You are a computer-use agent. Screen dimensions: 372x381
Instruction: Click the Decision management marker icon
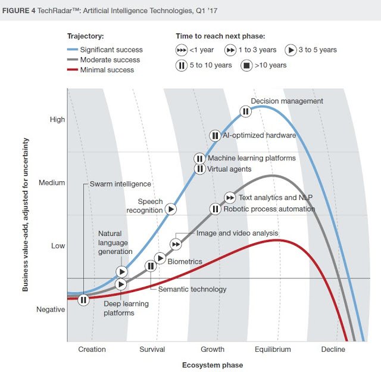point(245,111)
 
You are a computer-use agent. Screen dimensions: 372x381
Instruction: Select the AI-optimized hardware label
point(259,135)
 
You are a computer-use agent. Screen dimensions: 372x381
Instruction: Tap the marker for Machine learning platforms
point(199,159)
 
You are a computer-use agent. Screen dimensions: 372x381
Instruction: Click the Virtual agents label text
point(229,169)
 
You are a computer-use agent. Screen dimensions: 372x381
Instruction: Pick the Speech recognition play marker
point(171,209)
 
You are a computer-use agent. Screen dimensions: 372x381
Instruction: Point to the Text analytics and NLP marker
point(230,198)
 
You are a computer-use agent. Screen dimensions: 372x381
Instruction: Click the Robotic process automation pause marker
point(215,209)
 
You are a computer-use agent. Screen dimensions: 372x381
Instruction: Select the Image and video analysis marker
point(176,244)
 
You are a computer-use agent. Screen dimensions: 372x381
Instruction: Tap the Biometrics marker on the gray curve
point(160,258)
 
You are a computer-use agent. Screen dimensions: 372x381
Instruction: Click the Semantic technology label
point(192,289)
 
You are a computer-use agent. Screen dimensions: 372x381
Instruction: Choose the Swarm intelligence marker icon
point(83,300)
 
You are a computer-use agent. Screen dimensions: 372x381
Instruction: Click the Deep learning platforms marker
point(121,284)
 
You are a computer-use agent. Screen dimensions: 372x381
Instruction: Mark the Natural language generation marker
point(121,272)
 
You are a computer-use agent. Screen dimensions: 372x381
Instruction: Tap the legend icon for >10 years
point(245,65)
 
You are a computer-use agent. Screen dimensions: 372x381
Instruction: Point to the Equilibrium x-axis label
point(273,349)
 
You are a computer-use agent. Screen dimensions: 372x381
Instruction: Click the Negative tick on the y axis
point(51,309)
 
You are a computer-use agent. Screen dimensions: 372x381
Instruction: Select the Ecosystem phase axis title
point(213,364)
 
